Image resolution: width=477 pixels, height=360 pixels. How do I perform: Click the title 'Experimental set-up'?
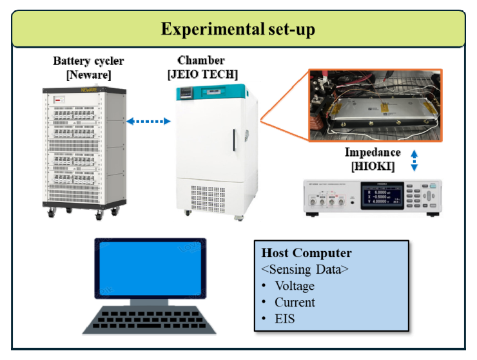(238, 30)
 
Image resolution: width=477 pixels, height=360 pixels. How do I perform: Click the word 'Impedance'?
(372, 153)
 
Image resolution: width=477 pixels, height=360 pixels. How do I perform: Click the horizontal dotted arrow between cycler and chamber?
(147, 120)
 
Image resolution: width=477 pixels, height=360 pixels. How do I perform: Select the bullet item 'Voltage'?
(294, 286)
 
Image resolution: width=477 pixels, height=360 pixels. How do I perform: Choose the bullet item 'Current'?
(295, 302)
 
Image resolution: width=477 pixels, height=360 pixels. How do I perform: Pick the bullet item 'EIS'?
(284, 318)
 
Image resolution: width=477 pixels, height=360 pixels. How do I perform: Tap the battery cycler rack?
(84, 151)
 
